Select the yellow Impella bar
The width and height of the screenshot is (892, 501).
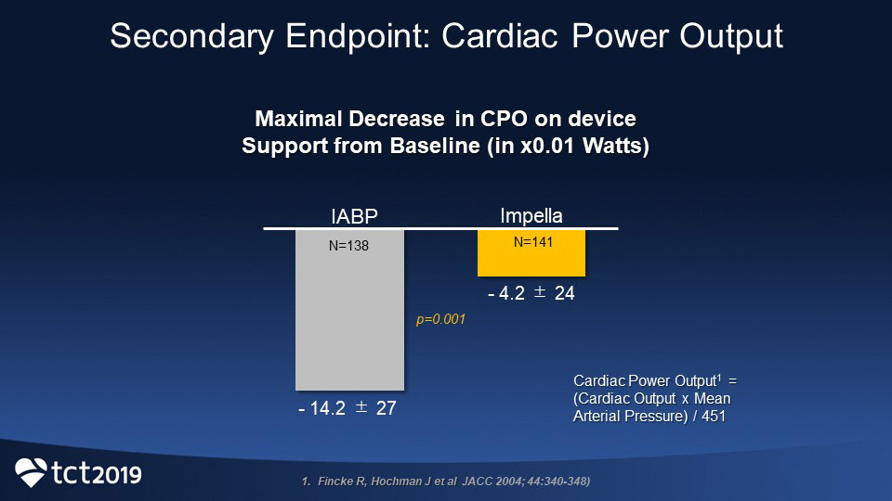point(531,260)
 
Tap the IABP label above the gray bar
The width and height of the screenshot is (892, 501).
point(355,217)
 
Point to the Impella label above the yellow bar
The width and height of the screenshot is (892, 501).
point(531,215)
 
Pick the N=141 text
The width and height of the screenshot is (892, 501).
point(531,242)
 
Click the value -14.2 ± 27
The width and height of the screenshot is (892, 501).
point(348,408)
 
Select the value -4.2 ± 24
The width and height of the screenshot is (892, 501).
point(531,294)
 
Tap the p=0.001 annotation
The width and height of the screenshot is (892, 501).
point(439,319)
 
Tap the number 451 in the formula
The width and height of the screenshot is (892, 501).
point(712,417)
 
